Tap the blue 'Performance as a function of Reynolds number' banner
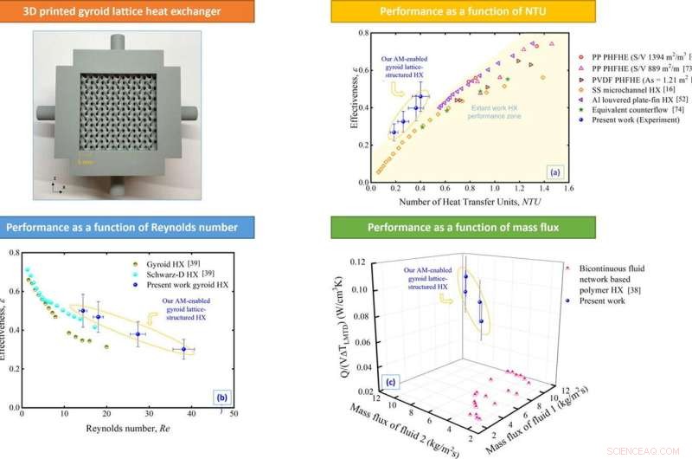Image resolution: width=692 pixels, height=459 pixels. (x=121, y=228)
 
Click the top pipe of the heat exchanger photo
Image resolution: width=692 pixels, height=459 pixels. (x=119, y=42)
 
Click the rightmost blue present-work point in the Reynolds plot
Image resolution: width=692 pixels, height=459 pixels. (x=183, y=350)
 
